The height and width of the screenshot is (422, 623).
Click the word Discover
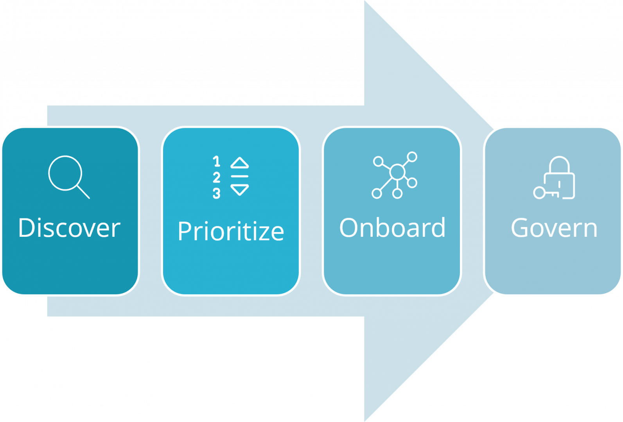pos(69,228)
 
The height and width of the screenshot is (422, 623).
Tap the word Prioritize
pos(231,231)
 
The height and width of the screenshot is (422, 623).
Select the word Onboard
pos(392,228)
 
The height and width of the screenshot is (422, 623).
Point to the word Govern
pos(554,228)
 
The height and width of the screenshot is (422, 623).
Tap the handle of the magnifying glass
pos(83,191)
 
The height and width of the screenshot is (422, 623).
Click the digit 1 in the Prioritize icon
pos(216,161)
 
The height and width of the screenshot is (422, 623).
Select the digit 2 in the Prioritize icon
pos(216,177)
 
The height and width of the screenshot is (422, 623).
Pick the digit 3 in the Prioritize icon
pos(216,193)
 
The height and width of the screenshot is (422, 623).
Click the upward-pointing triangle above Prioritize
pos(239,163)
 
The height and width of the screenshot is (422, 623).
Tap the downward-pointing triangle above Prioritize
pos(239,190)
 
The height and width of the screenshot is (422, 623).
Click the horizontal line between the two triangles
pos(239,176)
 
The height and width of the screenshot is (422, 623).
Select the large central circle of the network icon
pos(397,172)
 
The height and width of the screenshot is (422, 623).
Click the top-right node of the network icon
pos(412,157)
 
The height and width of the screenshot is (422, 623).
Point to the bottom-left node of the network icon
pos(377,193)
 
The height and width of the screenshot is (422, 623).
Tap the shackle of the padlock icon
pos(559,164)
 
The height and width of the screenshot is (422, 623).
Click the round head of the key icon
pos(539,193)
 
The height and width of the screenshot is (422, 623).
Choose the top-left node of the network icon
pos(378,161)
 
